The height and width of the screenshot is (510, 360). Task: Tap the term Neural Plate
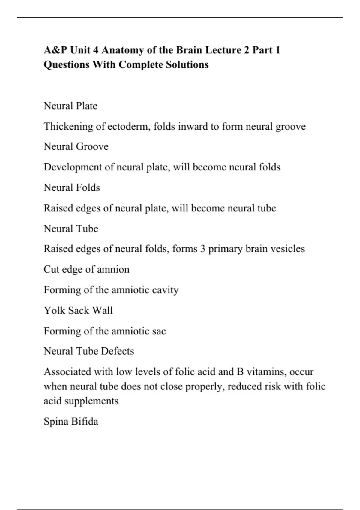(x=70, y=106)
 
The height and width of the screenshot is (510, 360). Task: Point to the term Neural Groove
(x=76, y=146)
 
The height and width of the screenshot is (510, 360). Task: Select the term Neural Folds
(x=72, y=187)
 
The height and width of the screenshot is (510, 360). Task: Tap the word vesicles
(x=288, y=249)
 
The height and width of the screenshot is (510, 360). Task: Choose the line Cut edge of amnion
(x=86, y=269)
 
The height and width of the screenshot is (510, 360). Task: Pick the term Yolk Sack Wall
(x=78, y=310)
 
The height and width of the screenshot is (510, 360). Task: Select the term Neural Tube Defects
(x=89, y=351)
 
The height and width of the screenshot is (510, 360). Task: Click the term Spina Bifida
(x=71, y=421)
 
